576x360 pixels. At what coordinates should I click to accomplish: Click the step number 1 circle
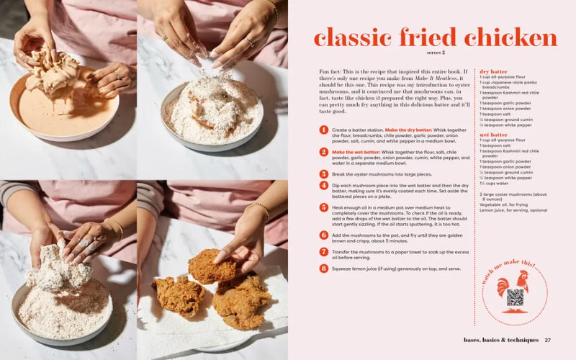pos(323,130)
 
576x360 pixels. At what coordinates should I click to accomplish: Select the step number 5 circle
pos(323,208)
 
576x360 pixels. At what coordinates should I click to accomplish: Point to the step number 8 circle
pos(323,269)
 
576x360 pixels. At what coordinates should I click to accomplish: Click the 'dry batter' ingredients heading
pos(494,72)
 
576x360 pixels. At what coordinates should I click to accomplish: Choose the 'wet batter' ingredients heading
pos(494,135)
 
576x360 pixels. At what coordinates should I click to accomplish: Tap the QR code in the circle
pos(516,298)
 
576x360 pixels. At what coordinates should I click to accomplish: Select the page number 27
pos(548,340)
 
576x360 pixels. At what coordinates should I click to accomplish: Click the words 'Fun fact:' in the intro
pos(332,73)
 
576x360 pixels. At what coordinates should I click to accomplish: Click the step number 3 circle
pos(323,174)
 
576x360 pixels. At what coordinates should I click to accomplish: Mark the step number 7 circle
pos(323,252)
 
